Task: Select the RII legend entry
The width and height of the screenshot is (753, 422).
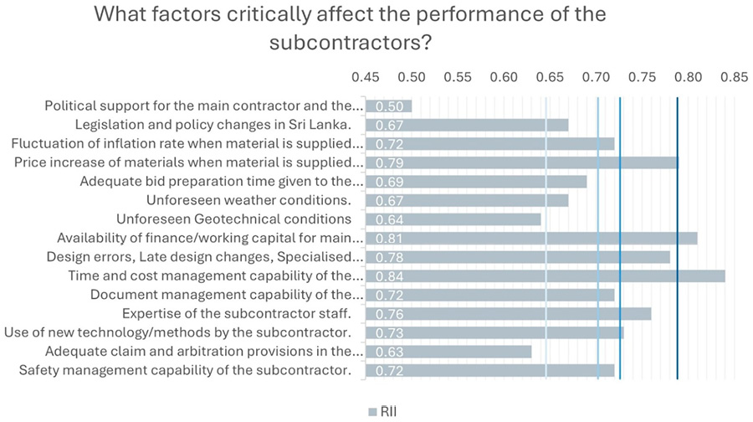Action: pyautogui.click(x=384, y=410)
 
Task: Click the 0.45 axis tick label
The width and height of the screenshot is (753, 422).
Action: pyautogui.click(x=365, y=76)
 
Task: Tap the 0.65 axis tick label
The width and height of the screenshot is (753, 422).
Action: pyautogui.click(x=550, y=76)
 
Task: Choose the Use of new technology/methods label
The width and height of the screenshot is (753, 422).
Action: pyautogui.click(x=177, y=332)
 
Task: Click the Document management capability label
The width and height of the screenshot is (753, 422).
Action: pyautogui.click(x=227, y=295)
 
